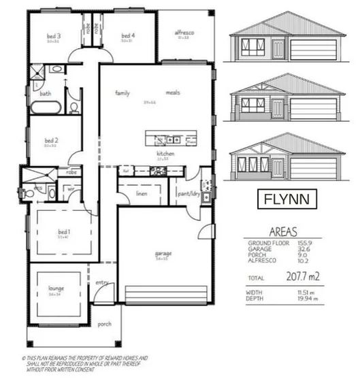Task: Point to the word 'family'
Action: click(122, 93)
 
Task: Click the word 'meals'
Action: click(171, 93)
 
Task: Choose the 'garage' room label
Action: click(163, 253)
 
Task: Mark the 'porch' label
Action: click(104, 324)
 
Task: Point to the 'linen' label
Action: click(142, 194)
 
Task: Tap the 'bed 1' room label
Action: click(65, 232)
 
